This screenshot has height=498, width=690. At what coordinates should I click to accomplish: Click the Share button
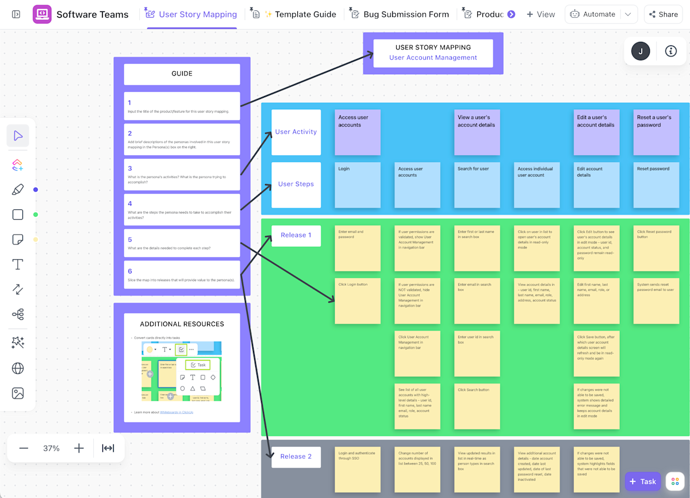pos(663,14)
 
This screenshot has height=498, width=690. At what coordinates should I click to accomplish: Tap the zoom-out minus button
pos(24,448)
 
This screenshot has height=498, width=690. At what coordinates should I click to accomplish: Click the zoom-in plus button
pos(79,448)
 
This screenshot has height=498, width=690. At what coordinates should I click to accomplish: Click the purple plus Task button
pos(642,481)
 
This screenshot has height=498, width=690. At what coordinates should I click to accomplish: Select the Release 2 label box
pos(296,457)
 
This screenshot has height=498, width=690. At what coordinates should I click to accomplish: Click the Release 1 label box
pos(296,235)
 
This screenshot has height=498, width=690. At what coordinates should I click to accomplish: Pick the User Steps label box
pos(296,184)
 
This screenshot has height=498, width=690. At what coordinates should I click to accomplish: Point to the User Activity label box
pos(296,132)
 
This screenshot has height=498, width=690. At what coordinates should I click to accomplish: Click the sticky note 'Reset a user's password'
pos(656,132)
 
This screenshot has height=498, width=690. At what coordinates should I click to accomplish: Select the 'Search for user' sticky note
pos(477,185)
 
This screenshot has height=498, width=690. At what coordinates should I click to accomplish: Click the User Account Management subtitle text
pos(433,58)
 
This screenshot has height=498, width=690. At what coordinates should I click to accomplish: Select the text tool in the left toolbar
pos(18,265)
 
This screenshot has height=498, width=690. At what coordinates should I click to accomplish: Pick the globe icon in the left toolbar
pos(18,368)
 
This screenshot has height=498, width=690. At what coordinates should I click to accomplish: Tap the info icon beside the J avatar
pos(670,51)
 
